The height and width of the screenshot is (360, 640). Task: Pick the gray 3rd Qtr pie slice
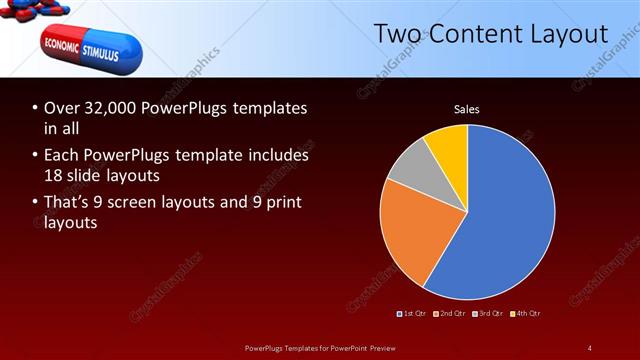[x=407, y=167]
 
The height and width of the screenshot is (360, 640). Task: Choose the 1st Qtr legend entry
[x=415, y=314]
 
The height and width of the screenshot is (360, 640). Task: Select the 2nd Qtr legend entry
[x=452, y=314]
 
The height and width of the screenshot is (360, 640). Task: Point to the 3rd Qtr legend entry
[x=489, y=314]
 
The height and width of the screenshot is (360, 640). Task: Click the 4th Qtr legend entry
[x=526, y=314]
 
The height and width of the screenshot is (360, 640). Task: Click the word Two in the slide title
[x=398, y=34]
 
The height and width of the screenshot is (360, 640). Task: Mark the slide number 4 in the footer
[x=589, y=347]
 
